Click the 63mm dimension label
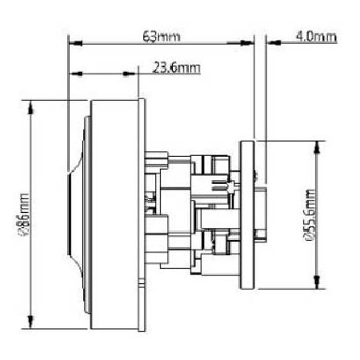click(x=160, y=36)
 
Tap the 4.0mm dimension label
click(x=315, y=36)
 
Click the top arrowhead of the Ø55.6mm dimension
click(x=319, y=145)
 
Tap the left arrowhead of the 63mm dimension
click(x=74, y=45)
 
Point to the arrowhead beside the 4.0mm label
click(x=269, y=45)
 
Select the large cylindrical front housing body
click(x=116, y=214)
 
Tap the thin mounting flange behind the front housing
click(x=142, y=214)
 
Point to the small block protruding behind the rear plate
click(x=261, y=232)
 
